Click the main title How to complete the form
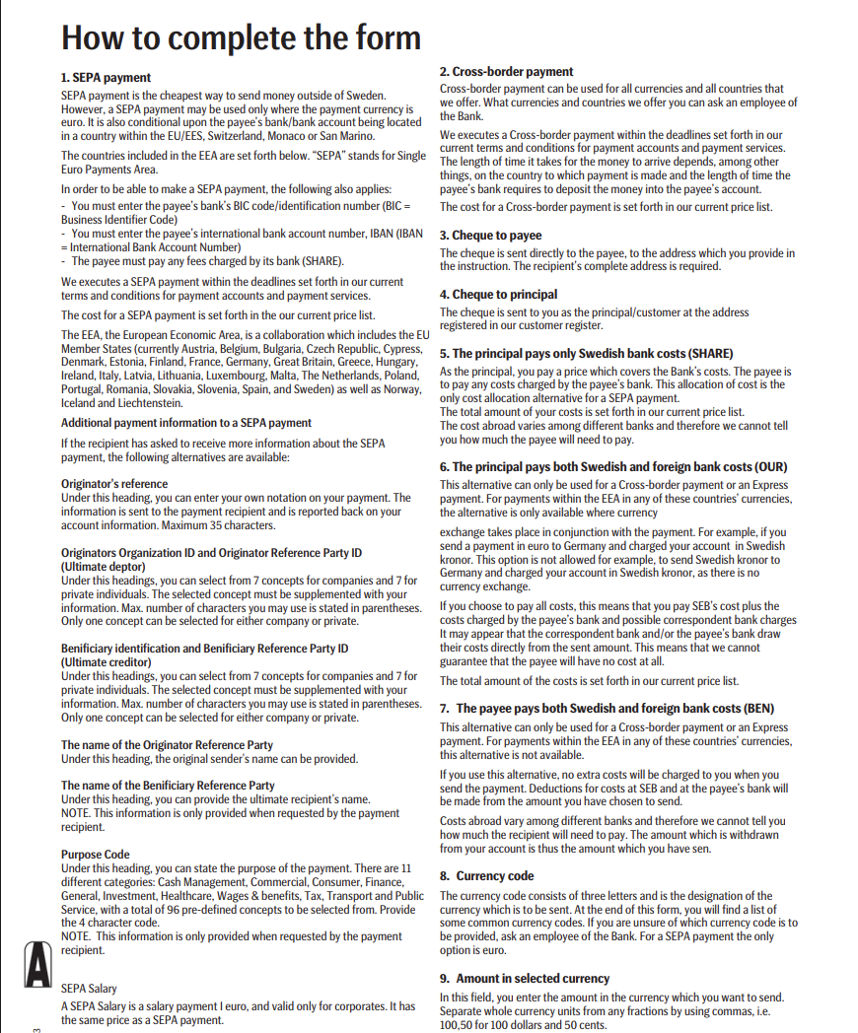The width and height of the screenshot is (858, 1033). point(242,37)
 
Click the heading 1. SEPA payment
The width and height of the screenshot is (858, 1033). point(107,77)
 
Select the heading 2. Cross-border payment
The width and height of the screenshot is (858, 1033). point(506,72)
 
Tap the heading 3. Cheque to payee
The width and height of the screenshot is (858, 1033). point(490,236)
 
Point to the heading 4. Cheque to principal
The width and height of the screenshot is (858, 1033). point(498,294)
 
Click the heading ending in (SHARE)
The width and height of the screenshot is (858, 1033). point(586,353)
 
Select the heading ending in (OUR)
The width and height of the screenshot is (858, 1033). point(613,467)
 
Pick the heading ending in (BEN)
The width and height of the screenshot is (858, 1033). point(608,708)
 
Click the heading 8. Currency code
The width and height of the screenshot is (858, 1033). point(486,875)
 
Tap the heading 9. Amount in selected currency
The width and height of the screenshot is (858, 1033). point(525,978)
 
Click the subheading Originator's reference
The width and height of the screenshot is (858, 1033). point(114,484)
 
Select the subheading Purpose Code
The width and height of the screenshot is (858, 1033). point(96,854)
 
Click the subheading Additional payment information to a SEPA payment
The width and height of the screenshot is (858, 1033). point(186,423)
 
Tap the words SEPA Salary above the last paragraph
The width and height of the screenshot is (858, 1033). point(89,988)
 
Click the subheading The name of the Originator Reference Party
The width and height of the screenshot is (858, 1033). point(168,745)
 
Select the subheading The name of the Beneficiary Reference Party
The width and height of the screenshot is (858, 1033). point(168,786)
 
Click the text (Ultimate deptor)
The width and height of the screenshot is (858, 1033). point(104,567)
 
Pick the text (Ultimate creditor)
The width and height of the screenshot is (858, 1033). point(107,662)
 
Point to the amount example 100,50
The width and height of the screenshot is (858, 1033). point(457,1026)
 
